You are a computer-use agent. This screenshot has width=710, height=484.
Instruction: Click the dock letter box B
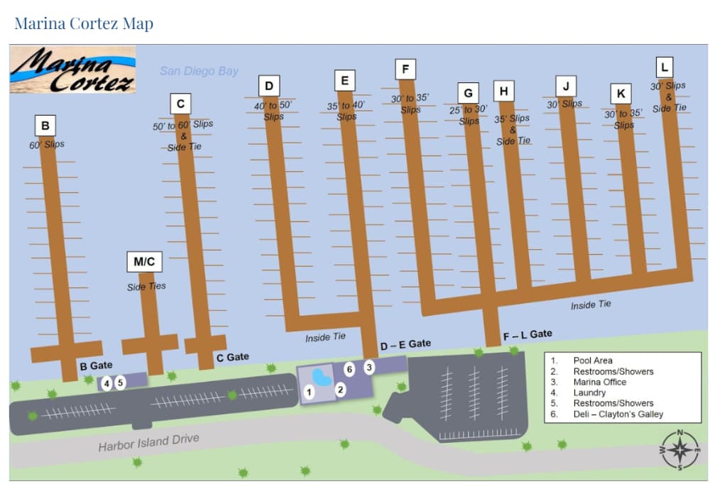click(x=45, y=126)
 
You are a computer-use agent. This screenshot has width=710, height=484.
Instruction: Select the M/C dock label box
click(x=144, y=262)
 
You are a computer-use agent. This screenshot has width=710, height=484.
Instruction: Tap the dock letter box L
click(x=664, y=68)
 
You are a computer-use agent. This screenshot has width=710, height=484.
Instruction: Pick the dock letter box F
click(x=405, y=69)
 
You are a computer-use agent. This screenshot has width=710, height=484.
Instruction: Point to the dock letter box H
click(x=503, y=92)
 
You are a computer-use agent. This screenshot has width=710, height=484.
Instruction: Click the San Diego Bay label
click(x=199, y=71)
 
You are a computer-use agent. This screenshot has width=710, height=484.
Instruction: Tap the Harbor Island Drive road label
click(x=148, y=442)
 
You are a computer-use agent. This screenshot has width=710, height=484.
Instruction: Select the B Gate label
click(x=96, y=366)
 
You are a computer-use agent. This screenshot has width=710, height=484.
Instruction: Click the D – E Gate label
click(x=405, y=344)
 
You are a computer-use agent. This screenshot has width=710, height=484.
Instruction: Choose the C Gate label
click(x=233, y=357)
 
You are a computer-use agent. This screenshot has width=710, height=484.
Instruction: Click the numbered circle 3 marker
click(x=369, y=368)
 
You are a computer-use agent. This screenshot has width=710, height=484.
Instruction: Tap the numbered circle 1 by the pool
click(x=309, y=391)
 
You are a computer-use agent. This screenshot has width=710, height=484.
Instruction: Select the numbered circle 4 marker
click(x=106, y=383)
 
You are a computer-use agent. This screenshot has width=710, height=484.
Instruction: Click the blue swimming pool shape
click(x=322, y=376)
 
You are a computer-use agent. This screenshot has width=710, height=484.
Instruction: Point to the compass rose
click(x=679, y=450)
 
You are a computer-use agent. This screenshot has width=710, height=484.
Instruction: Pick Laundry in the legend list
click(x=589, y=392)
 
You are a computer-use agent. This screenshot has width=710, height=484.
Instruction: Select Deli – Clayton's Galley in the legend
click(x=618, y=414)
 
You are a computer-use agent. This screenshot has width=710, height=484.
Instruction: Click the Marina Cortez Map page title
click(x=84, y=23)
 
